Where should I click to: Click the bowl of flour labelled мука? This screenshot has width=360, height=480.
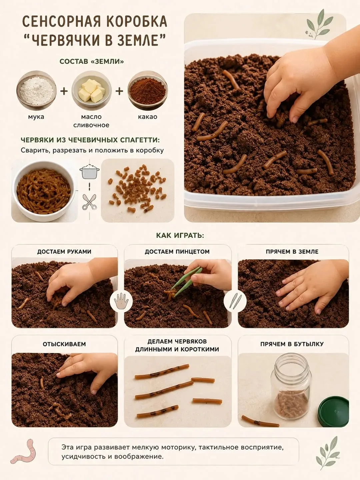(x=36, y=91)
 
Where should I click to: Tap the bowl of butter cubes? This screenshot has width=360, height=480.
(x=92, y=91)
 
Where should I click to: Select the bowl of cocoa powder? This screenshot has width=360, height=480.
(x=148, y=91)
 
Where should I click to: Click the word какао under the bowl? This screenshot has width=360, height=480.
(x=148, y=117)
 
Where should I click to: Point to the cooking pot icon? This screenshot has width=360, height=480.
(x=89, y=172)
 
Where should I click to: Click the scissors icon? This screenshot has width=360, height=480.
(x=89, y=202)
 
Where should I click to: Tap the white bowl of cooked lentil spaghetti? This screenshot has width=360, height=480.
(x=44, y=191)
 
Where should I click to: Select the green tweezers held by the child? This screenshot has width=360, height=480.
(x=186, y=282)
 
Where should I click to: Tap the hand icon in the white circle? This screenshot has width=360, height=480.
(x=121, y=301)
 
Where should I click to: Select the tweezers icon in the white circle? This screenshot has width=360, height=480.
(x=235, y=301)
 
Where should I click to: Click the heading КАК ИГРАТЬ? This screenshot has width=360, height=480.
(x=180, y=236)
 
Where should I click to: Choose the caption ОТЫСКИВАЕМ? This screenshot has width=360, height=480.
(x=64, y=344)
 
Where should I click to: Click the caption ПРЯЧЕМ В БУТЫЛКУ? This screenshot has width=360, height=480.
(x=292, y=344)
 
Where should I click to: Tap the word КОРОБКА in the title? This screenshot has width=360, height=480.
(x=136, y=22)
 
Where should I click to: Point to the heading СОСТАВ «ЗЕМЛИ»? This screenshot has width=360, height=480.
(x=92, y=62)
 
